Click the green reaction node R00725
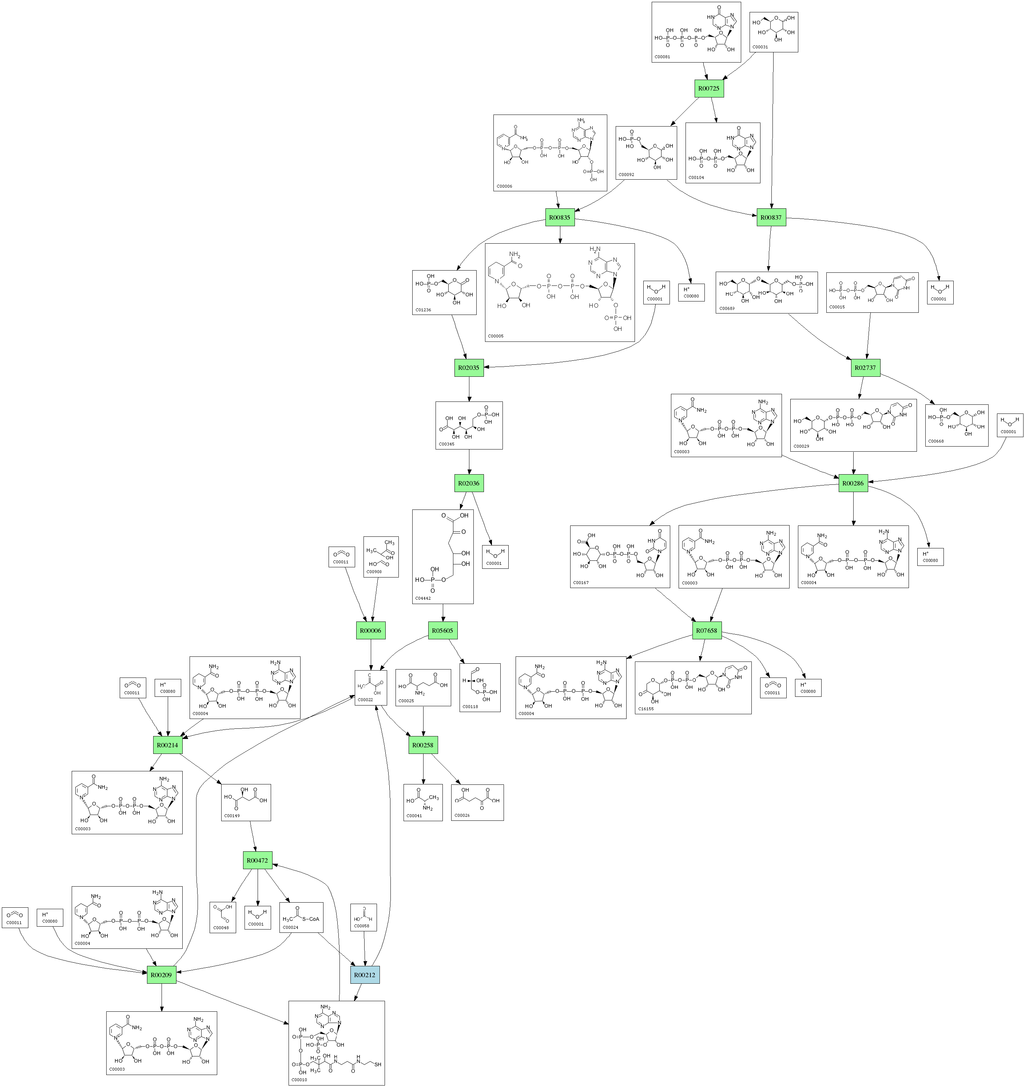(x=709, y=88)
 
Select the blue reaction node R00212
(x=365, y=975)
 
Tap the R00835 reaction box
(x=560, y=217)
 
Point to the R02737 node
(x=865, y=367)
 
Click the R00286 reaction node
(x=853, y=483)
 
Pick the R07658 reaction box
(x=706, y=631)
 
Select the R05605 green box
(x=442, y=631)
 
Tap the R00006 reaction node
(x=370, y=631)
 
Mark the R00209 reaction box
(x=161, y=975)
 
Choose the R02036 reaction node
(x=469, y=483)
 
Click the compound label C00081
(x=662, y=56)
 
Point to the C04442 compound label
(x=423, y=598)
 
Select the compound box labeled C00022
(x=371, y=687)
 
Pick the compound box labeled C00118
(x=480, y=687)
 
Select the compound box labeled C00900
(x=381, y=557)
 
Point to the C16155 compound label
(x=645, y=709)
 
